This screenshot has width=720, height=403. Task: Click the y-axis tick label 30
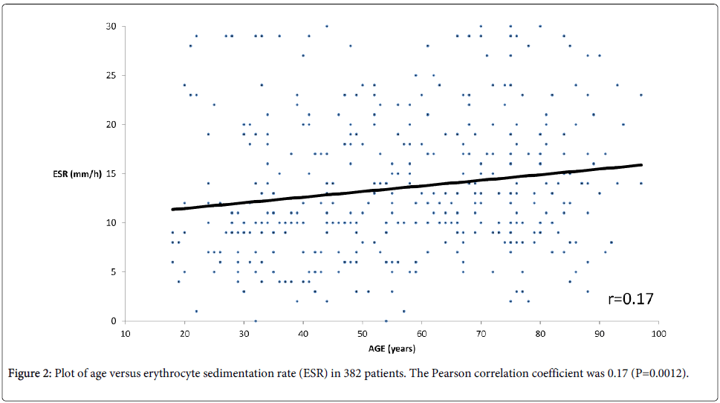[110, 27]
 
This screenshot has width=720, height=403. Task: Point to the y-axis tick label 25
[110, 76]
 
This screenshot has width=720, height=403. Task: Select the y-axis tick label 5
[112, 272]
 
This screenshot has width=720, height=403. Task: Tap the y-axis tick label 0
[112, 321]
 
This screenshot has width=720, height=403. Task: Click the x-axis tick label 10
[125, 333]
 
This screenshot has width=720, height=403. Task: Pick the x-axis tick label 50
[362, 333]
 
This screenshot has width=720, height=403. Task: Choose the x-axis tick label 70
[481, 333]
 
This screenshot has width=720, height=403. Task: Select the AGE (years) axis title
[392, 347]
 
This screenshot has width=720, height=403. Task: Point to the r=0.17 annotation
[632, 300]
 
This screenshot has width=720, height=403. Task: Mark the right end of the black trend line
[641, 165]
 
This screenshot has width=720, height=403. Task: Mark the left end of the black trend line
[173, 209]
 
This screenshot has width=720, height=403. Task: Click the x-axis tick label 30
[244, 333]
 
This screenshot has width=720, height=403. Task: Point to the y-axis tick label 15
[110, 174]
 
